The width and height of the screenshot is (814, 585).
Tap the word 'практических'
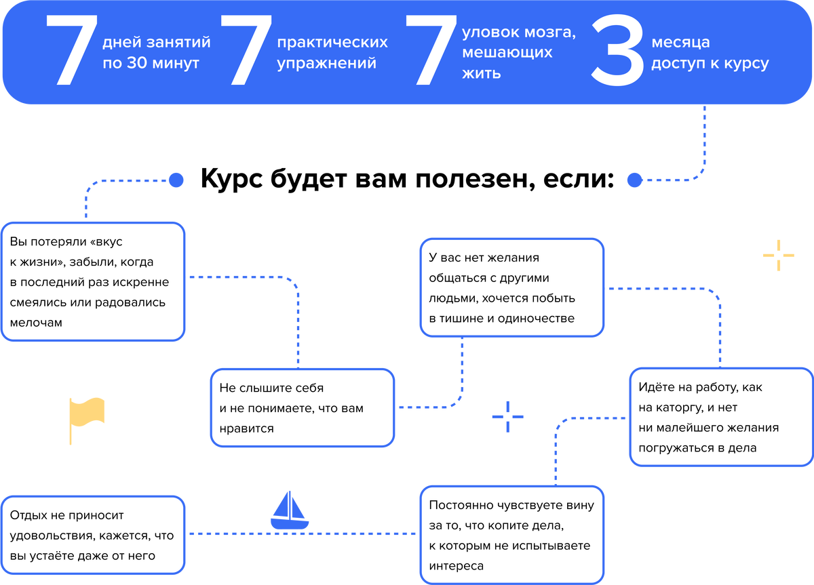(x=332, y=42)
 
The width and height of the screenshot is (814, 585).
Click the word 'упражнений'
(x=326, y=64)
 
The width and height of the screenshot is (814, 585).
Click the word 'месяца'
(x=680, y=43)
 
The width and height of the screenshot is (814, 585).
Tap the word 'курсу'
(x=748, y=64)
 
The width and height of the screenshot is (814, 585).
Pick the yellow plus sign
(x=778, y=256)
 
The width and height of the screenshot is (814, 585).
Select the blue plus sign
(x=507, y=416)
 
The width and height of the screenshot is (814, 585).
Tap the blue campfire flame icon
(x=290, y=511)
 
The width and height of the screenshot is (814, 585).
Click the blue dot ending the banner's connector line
(x=634, y=180)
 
